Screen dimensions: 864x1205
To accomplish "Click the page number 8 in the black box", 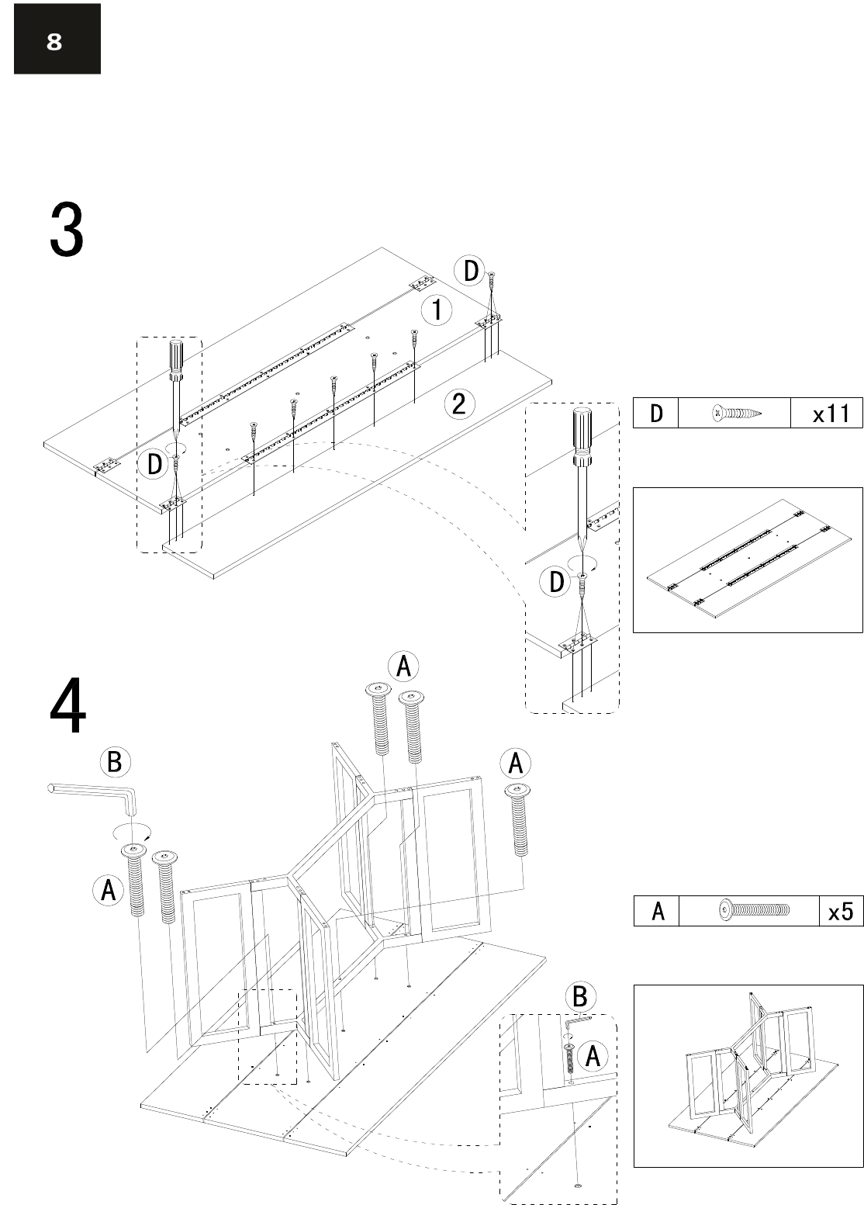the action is tap(54, 41).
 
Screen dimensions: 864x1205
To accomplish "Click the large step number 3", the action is tap(67, 230).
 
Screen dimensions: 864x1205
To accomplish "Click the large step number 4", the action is tap(67, 705).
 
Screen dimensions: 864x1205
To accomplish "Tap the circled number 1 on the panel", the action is tap(437, 310).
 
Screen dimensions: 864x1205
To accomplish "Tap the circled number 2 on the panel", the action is tap(458, 403).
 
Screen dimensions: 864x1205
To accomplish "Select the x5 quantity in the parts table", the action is tap(840, 911).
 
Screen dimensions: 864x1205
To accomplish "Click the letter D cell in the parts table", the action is tap(656, 413).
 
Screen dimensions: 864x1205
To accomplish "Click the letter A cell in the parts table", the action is tap(657, 911).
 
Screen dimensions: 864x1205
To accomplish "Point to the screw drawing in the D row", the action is tap(737, 413).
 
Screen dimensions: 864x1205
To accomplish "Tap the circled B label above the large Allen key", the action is tap(115, 762).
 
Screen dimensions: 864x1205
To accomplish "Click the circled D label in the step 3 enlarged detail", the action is tap(556, 582).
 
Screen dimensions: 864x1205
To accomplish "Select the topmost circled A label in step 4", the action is tap(403, 667).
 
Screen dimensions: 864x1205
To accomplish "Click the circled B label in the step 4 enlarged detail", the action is tap(579, 997).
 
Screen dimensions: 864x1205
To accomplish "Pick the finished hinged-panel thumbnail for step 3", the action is tap(748, 560).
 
